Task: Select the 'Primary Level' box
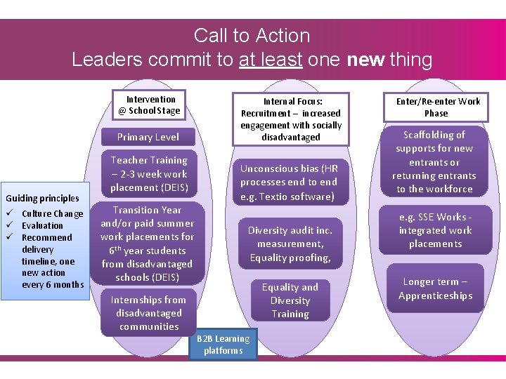click(x=148, y=137)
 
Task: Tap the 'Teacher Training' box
click(x=149, y=173)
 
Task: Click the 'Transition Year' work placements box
click(x=147, y=243)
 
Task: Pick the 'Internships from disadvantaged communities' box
click(x=149, y=313)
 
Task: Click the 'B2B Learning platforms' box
click(x=223, y=345)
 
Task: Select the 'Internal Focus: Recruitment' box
click(x=291, y=119)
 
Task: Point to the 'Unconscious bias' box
click(x=290, y=182)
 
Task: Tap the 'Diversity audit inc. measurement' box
click(x=290, y=244)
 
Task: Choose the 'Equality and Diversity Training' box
click(x=290, y=300)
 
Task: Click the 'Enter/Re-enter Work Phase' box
click(x=438, y=107)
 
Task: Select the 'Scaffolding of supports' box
click(x=434, y=161)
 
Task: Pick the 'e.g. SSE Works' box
click(x=436, y=230)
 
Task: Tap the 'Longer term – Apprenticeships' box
click(x=436, y=288)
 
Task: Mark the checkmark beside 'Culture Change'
click(x=8, y=213)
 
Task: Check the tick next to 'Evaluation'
click(x=8, y=225)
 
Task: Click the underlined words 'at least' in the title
click(x=271, y=60)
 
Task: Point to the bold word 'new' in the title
click(x=365, y=60)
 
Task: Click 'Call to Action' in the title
click(x=252, y=35)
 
